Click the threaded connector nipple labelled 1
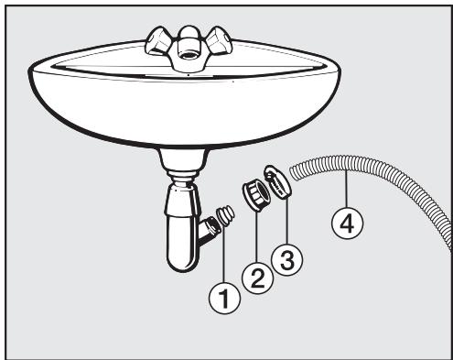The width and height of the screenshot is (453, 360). coord(223,218)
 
